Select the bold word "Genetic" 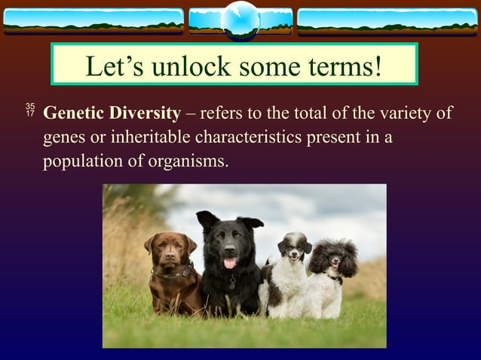[x=73, y=114]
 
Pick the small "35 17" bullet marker [x=30, y=110]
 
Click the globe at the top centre [x=240, y=20]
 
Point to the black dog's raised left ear [x=206, y=219]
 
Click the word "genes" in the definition [x=64, y=139]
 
